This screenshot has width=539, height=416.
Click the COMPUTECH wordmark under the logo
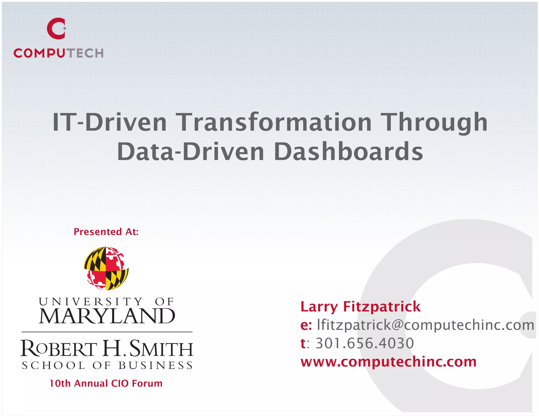point(58,53)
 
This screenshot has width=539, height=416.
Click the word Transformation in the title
point(275,123)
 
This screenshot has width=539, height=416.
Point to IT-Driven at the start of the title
point(109,123)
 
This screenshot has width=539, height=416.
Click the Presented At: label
point(106,232)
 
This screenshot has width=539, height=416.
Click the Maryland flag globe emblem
point(106,268)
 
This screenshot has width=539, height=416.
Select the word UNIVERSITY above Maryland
point(91,302)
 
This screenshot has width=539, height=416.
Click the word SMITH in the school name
point(161,349)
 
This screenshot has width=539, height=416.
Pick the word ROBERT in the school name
point(59,349)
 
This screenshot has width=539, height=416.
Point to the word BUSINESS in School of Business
point(156,366)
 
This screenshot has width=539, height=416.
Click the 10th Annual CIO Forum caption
point(106,383)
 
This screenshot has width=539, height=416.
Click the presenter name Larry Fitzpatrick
point(361,307)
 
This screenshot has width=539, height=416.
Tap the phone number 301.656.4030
point(365,343)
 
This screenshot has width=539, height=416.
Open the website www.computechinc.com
point(388,362)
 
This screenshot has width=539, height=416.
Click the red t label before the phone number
point(303,343)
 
